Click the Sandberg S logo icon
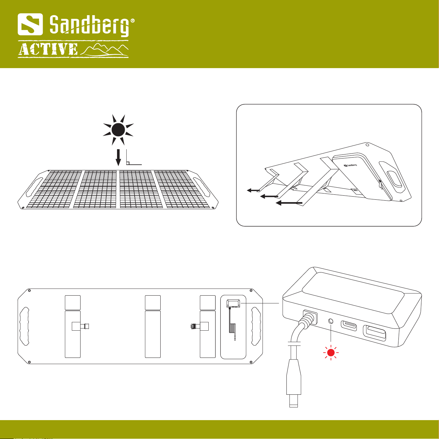(x=30, y=24)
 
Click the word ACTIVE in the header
(x=48, y=49)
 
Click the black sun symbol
(x=118, y=130)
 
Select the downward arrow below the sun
(x=118, y=158)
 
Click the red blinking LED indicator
(x=331, y=353)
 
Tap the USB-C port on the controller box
(x=349, y=326)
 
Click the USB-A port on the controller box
(x=375, y=333)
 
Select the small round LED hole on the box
(x=331, y=321)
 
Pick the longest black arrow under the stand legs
(x=289, y=202)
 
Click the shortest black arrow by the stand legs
(x=253, y=190)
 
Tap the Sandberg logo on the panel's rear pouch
(x=350, y=164)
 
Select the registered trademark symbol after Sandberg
(x=133, y=21)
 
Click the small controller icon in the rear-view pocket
(x=233, y=303)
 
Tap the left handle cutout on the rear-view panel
(x=24, y=326)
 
